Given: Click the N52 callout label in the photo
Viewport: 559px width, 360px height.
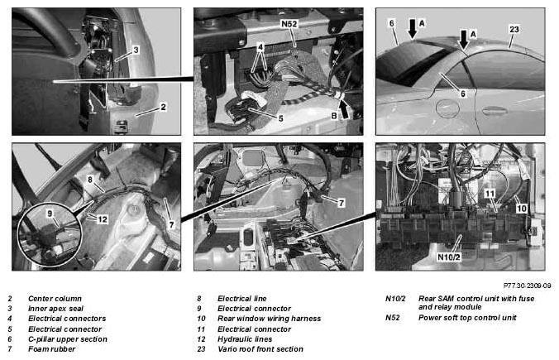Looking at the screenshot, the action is [x=289, y=24].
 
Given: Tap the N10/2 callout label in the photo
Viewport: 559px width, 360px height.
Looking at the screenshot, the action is [x=448, y=257].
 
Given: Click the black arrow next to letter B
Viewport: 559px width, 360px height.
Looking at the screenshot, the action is [x=345, y=108].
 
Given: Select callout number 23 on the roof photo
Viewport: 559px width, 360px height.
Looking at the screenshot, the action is [x=514, y=29].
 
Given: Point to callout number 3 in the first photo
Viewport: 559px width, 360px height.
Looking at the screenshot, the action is [x=136, y=50].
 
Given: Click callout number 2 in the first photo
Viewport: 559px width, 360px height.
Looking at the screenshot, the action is [x=163, y=107].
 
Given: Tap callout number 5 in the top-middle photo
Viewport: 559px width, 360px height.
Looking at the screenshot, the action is [x=280, y=118].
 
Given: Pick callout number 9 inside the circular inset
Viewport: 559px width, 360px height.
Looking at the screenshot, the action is [x=50, y=214].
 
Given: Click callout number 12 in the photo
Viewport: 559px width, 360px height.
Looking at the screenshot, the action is [x=103, y=219].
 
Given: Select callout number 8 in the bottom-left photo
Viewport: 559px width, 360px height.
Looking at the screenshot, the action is [x=90, y=180].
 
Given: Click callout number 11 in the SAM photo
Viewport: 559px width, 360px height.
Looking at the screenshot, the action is [x=490, y=194].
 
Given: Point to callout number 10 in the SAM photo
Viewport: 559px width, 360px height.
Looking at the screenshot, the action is [x=521, y=208].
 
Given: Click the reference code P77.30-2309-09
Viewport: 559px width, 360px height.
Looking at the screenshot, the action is [x=527, y=286].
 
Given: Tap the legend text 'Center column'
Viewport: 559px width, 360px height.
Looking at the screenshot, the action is [x=55, y=298].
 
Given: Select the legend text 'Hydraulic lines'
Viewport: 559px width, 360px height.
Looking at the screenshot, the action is [x=245, y=339].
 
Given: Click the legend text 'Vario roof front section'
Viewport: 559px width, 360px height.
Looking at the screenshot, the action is [x=260, y=349].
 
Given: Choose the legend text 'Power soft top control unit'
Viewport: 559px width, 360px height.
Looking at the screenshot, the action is [x=467, y=318].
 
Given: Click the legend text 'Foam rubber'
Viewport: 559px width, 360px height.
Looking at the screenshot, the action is [x=52, y=349].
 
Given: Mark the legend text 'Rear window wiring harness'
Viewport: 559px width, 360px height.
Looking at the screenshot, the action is [x=269, y=319].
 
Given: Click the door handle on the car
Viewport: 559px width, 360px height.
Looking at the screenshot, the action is [x=495, y=110].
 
